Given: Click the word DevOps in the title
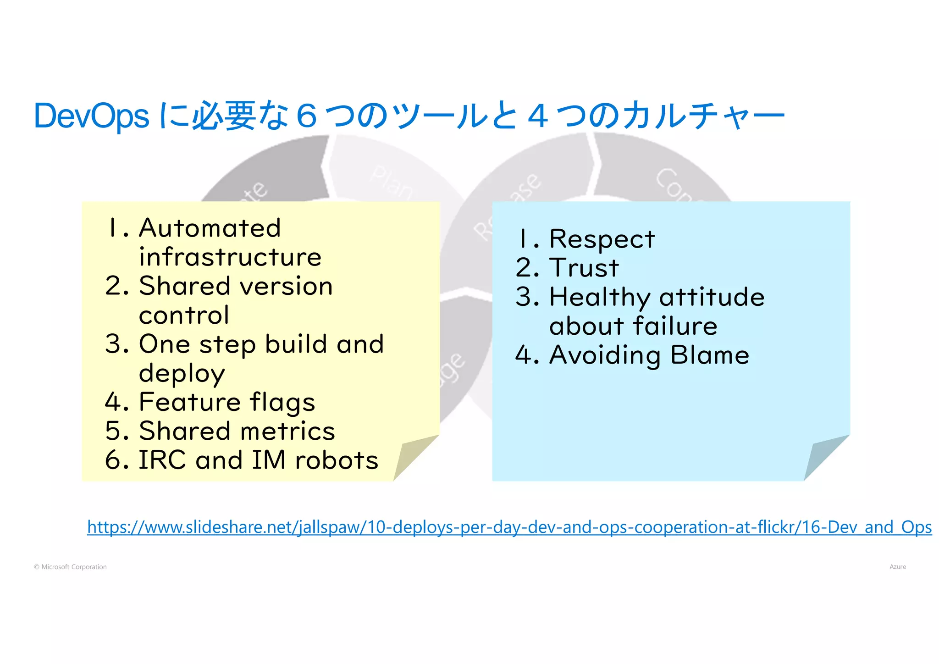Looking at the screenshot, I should click(92, 116).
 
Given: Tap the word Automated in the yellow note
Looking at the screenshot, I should click(210, 228).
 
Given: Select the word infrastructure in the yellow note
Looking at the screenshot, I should click(230, 257).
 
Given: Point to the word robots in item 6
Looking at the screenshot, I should click(337, 460).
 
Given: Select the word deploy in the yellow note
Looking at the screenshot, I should click(182, 374).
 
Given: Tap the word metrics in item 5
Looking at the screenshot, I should click(287, 431).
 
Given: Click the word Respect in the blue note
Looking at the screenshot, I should click(602, 239).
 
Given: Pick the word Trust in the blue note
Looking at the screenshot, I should click(584, 268).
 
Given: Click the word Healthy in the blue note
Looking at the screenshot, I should click(600, 298).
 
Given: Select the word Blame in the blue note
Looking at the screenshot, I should click(710, 355).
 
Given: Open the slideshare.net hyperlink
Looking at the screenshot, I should click(509, 527).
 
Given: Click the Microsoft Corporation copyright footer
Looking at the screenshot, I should click(70, 567).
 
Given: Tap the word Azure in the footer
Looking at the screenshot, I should click(897, 567).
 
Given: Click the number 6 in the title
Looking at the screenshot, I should click(307, 116).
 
